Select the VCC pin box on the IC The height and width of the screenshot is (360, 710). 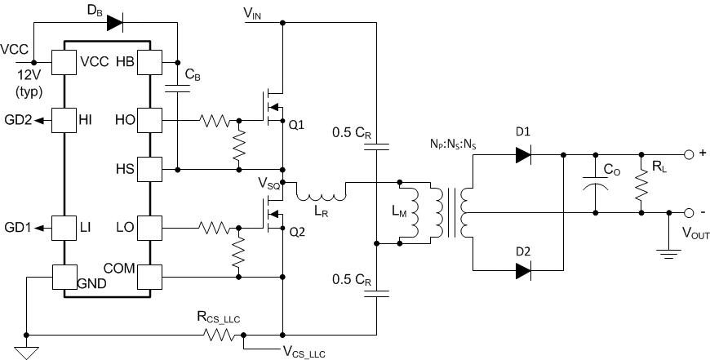point(64,62)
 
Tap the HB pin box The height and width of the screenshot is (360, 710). point(149,62)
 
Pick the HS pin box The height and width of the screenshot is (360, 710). point(149,169)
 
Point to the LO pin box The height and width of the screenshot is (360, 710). point(149,226)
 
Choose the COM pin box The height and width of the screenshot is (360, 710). point(149,277)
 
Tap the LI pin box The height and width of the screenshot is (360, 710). point(64,226)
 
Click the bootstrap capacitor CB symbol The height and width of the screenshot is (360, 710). point(177,88)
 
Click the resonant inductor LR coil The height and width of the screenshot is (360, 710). point(322,194)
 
